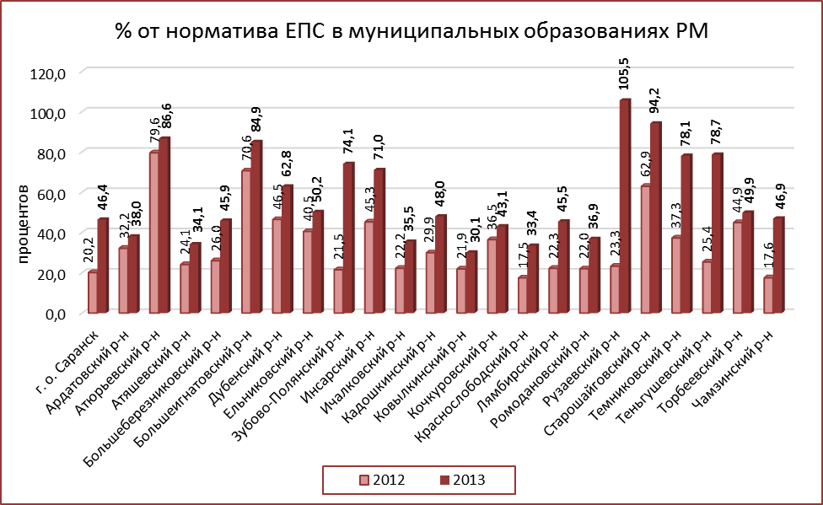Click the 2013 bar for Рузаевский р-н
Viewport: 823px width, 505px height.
click(625, 207)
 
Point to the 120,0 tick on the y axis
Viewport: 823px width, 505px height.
click(47, 73)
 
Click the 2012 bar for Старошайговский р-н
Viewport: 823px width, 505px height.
click(644, 250)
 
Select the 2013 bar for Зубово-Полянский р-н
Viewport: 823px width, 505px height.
click(348, 239)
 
